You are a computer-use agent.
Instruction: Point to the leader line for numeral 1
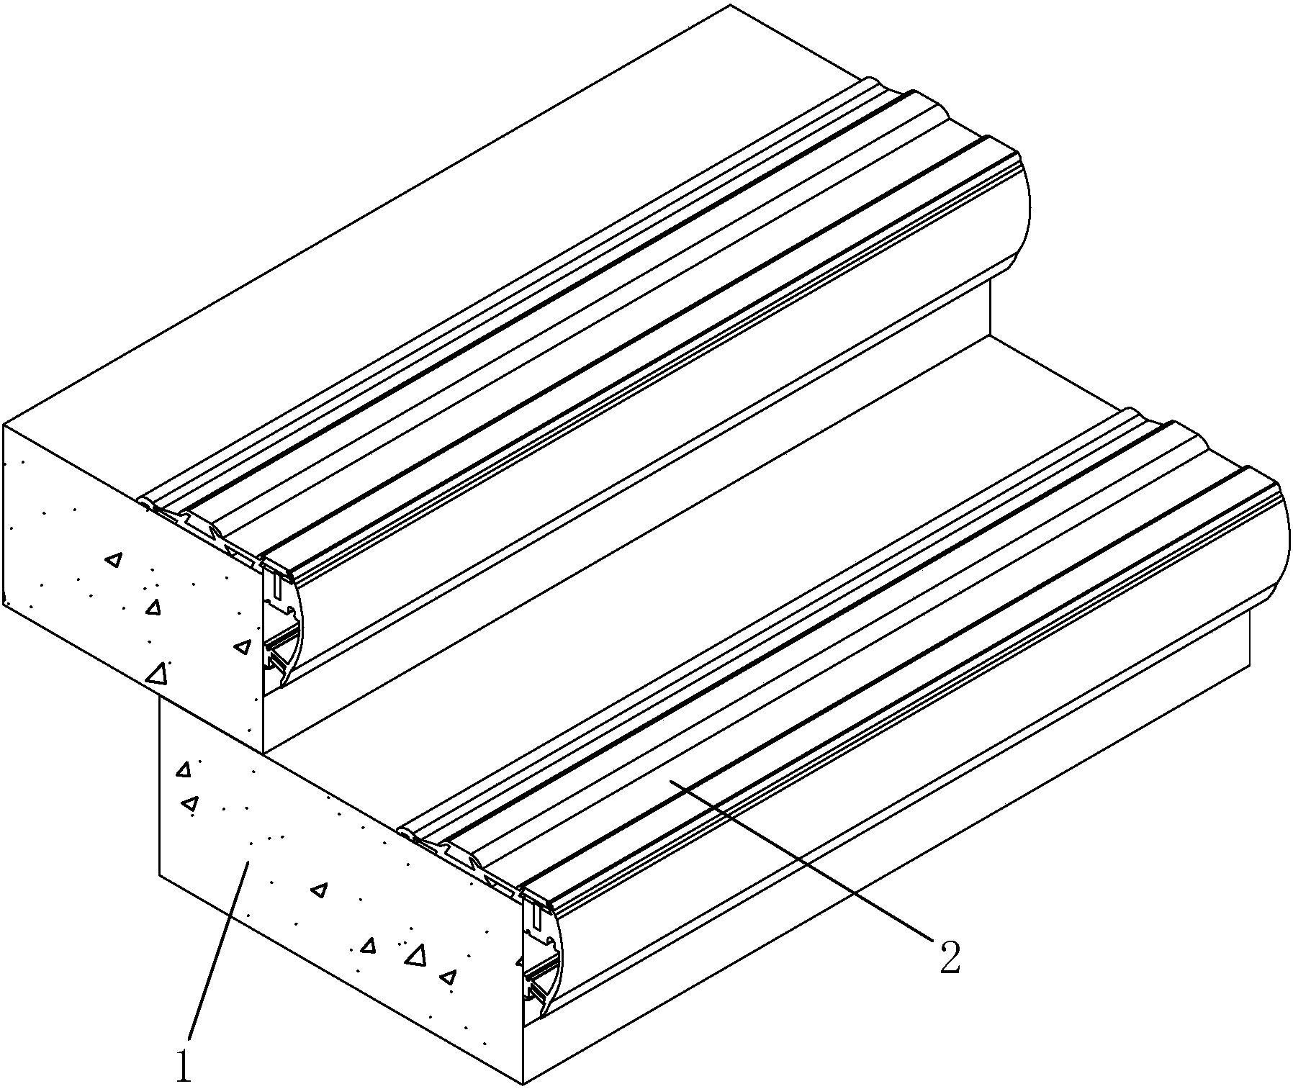(x=218, y=949)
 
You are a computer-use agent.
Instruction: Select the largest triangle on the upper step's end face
(x=156, y=673)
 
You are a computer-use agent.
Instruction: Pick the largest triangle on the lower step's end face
(x=415, y=955)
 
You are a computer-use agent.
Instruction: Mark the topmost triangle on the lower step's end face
(x=184, y=769)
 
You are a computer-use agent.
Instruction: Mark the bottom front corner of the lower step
(x=524, y=1083)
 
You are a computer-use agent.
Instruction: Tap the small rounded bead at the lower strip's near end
(x=406, y=833)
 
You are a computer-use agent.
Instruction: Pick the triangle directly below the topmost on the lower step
(x=190, y=803)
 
